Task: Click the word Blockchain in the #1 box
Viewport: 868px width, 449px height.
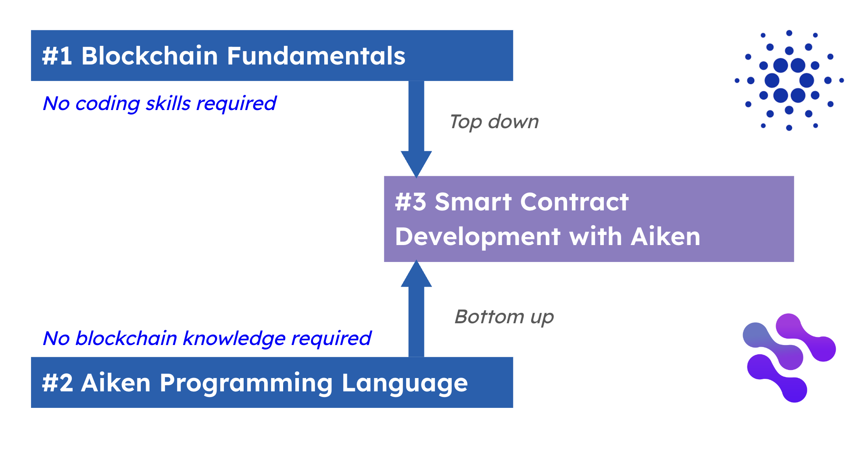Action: (150, 56)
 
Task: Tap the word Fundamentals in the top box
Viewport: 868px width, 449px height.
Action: (316, 56)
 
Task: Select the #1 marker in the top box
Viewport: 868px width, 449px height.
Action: (57, 56)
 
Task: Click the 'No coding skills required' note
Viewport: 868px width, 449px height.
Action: (159, 104)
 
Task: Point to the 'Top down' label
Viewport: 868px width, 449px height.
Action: (494, 122)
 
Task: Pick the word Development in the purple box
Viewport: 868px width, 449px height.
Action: (478, 237)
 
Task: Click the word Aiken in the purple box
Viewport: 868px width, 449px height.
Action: (666, 236)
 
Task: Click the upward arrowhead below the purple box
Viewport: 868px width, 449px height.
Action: (416, 274)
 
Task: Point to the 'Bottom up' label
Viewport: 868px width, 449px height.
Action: (504, 317)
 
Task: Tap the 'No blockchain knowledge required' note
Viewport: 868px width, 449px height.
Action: (207, 339)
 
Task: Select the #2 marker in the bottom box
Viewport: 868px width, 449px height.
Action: (58, 382)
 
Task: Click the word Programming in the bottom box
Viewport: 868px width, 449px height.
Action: (246, 383)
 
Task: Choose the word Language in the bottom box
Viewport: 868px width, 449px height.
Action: (405, 383)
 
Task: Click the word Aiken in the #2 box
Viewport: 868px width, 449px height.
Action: (116, 382)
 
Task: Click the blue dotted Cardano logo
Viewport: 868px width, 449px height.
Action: (789, 81)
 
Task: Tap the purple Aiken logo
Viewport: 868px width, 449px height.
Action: (789, 358)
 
